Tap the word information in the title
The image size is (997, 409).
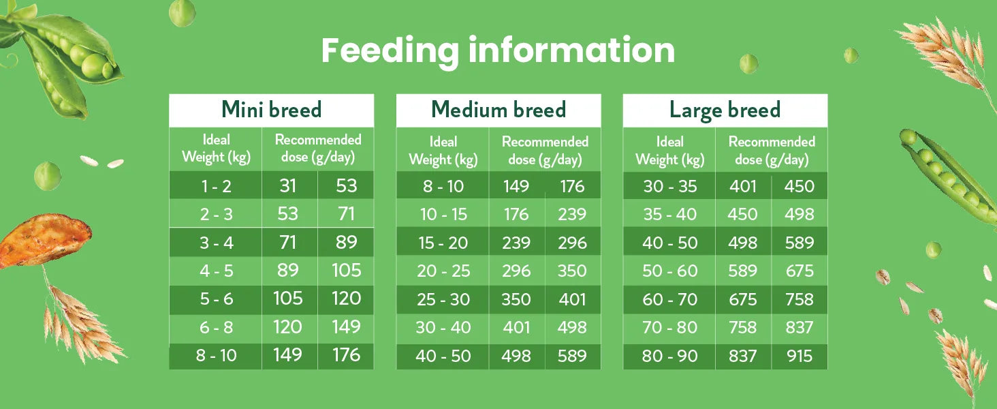pyautogui.click(x=571, y=50)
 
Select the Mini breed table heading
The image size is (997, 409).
pyautogui.click(x=272, y=110)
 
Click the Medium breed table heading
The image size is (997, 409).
pyautogui.click(x=498, y=110)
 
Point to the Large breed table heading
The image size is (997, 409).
pyautogui.click(x=725, y=110)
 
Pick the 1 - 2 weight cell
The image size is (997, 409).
pyautogui.click(x=217, y=186)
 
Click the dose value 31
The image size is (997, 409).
pyautogui.click(x=288, y=186)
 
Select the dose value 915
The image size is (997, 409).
pyautogui.click(x=800, y=356)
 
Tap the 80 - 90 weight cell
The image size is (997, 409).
pyautogui.click(x=670, y=356)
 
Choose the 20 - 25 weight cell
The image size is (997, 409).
pyautogui.click(x=443, y=271)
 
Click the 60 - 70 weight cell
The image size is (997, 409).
pyautogui.click(x=670, y=299)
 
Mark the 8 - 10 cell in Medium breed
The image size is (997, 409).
pyautogui.click(x=443, y=186)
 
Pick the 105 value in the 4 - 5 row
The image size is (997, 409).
pyautogui.click(x=346, y=271)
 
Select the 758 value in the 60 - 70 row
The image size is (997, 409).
pyautogui.click(x=800, y=299)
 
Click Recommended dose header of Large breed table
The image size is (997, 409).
pyautogui.click(x=772, y=151)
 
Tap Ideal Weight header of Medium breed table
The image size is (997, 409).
pyautogui.click(x=443, y=151)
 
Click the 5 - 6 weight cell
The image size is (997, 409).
pyautogui.click(x=217, y=299)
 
